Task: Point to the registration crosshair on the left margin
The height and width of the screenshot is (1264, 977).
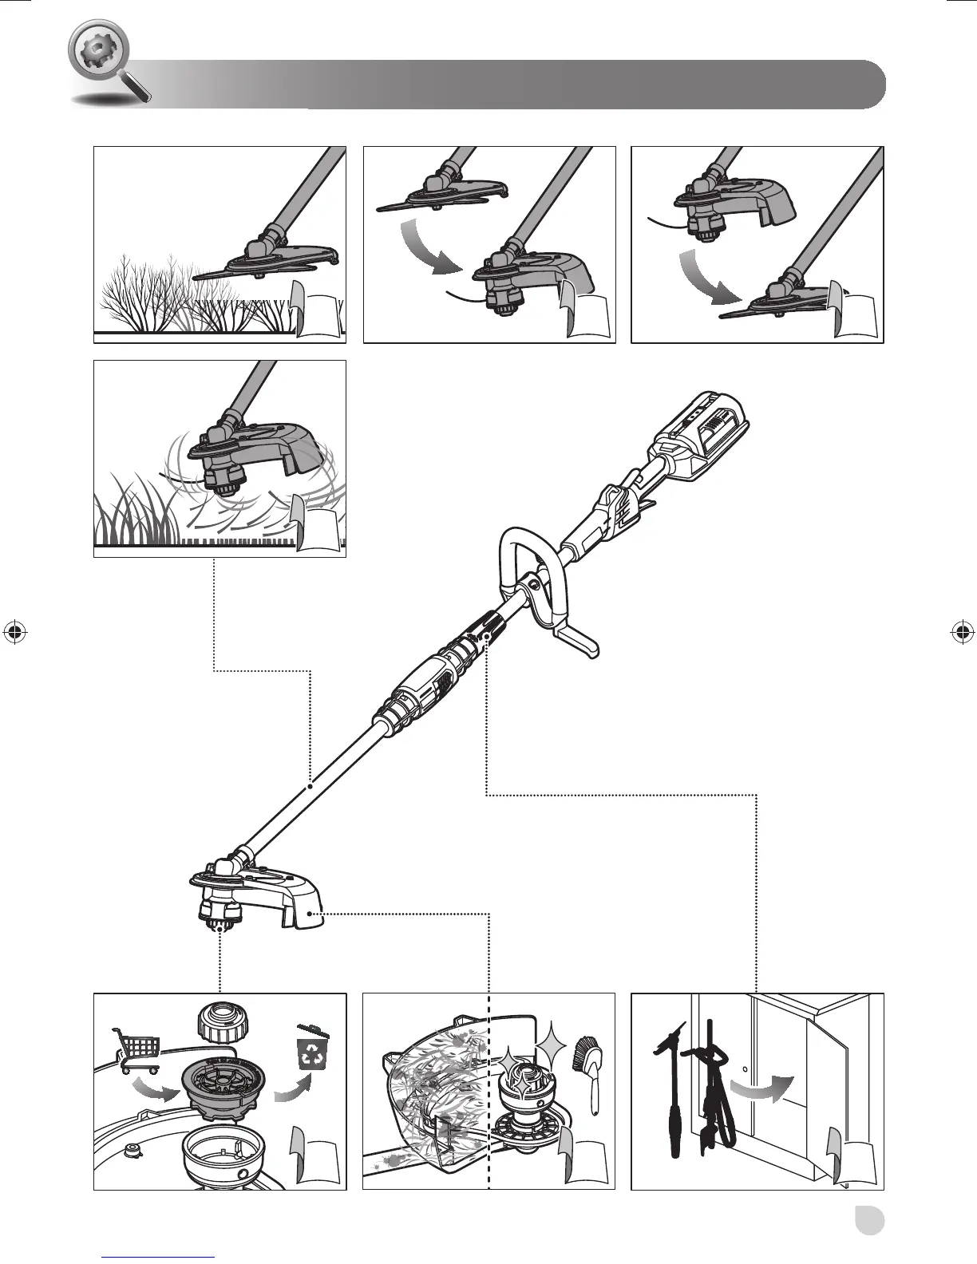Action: (14, 632)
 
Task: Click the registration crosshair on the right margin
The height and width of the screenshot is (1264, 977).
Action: (962, 632)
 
